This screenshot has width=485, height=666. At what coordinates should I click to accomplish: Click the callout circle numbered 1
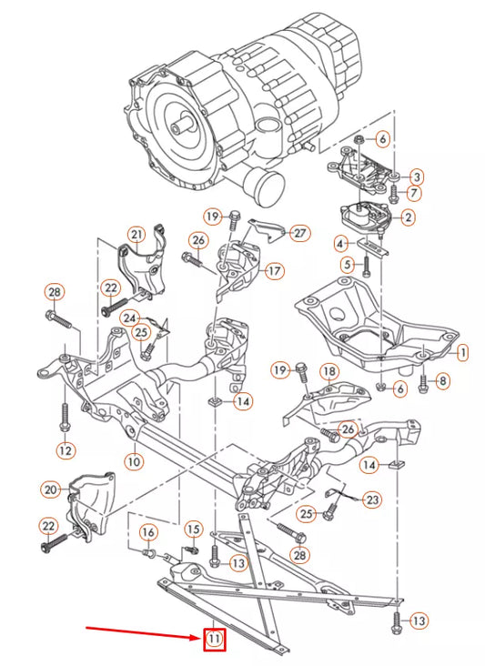[462, 350]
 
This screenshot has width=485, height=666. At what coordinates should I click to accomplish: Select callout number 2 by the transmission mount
[409, 217]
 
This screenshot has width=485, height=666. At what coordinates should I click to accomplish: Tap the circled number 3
[416, 177]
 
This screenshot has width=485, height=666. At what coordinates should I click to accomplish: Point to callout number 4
[340, 244]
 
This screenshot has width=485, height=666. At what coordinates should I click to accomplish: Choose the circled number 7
[414, 193]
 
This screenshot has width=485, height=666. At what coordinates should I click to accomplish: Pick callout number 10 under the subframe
[134, 461]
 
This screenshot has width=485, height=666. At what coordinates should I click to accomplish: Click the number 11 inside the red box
[214, 640]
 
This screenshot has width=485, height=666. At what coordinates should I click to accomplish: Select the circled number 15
[193, 529]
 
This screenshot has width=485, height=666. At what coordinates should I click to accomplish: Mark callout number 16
[147, 532]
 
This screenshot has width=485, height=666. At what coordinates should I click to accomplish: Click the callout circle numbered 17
[274, 270]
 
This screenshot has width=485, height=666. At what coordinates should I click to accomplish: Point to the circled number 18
[328, 372]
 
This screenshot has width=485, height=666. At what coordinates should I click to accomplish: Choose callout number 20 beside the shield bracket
[51, 489]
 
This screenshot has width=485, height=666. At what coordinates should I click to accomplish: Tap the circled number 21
[136, 235]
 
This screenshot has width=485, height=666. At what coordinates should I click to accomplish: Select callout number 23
[373, 499]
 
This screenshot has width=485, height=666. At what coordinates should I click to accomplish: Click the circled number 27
[300, 233]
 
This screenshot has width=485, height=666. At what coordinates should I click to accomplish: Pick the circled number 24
[130, 318]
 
